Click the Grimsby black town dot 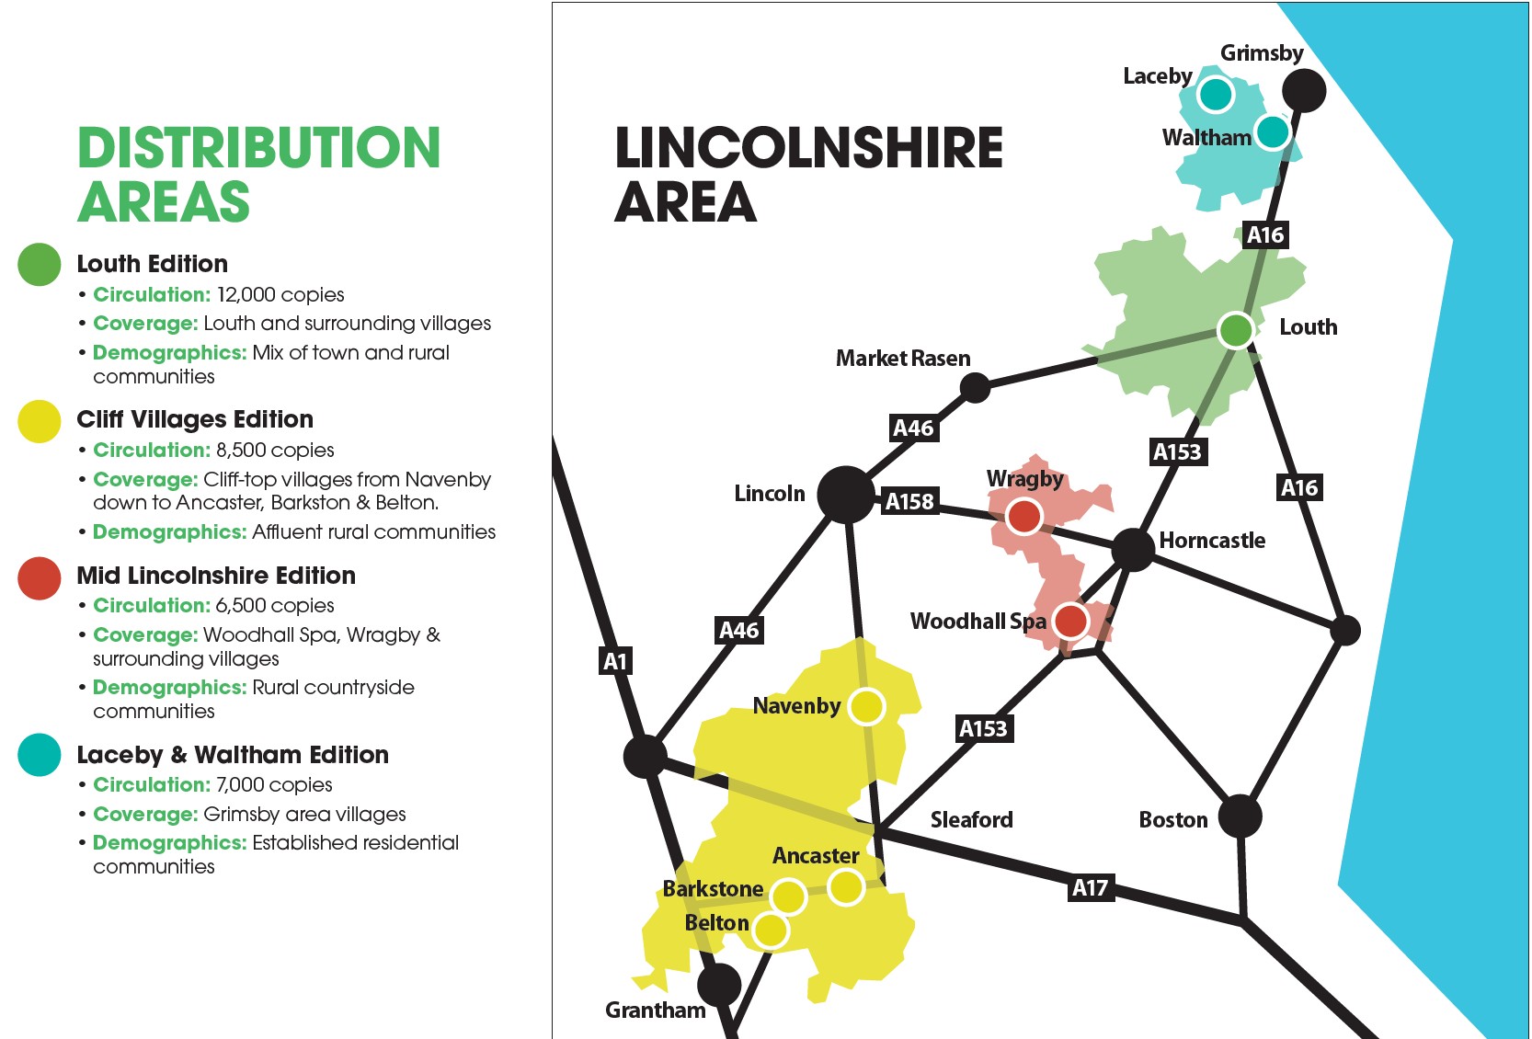[x=1303, y=90]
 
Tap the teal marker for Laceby [x=1215, y=94]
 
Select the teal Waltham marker [x=1273, y=132]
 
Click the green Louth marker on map [x=1235, y=329]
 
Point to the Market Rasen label [x=902, y=359]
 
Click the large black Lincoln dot [x=844, y=495]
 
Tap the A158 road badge [x=909, y=501]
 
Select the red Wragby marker [x=1023, y=517]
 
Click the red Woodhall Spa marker [x=1069, y=621]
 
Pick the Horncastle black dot [x=1132, y=549]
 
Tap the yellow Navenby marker [x=866, y=706]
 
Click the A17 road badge [x=1090, y=887]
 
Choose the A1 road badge [x=615, y=660]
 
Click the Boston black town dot [x=1240, y=816]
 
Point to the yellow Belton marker [x=771, y=931]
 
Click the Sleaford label [x=971, y=819]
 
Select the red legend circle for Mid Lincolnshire [x=40, y=578]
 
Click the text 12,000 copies [x=280, y=295]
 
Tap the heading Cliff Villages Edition [x=195, y=419]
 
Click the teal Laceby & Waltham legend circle [x=40, y=755]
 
